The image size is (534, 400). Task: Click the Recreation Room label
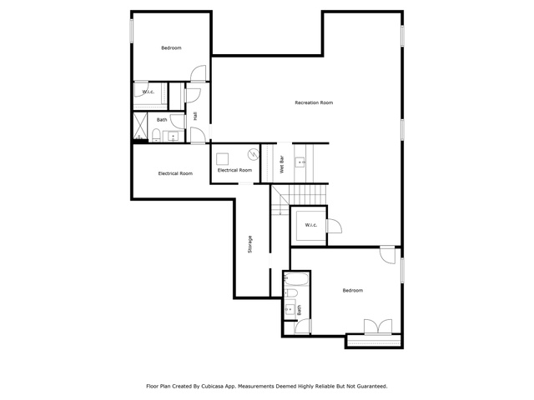(x=314, y=102)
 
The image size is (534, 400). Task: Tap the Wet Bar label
(x=282, y=164)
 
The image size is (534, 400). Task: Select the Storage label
(x=250, y=244)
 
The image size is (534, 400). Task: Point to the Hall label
(x=195, y=116)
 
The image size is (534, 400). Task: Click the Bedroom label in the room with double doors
(x=352, y=290)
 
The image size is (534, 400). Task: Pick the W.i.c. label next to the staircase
(x=311, y=225)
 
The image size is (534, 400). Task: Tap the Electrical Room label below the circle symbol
(x=234, y=170)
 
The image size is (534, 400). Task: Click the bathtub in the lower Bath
(x=296, y=279)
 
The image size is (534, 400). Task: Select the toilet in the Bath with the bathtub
(x=290, y=292)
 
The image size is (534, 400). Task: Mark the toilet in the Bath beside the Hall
(x=156, y=135)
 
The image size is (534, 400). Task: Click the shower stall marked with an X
(x=140, y=126)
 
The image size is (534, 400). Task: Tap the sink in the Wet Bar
(x=300, y=162)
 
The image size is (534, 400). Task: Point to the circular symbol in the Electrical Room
(x=253, y=154)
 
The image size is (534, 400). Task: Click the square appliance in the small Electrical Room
(x=223, y=159)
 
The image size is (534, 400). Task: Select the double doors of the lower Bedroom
(x=378, y=327)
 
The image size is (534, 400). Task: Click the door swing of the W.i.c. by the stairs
(x=335, y=226)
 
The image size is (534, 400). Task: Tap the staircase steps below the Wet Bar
(x=299, y=199)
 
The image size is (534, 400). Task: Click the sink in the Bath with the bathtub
(x=290, y=309)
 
